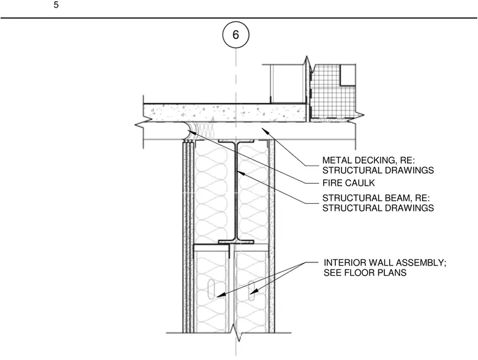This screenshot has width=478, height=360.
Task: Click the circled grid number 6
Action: click(236, 35)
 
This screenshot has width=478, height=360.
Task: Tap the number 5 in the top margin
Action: click(56, 5)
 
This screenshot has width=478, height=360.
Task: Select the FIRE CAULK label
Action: click(348, 183)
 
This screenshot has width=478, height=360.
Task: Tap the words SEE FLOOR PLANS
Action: click(365, 273)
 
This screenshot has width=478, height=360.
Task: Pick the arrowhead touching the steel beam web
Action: click(241, 173)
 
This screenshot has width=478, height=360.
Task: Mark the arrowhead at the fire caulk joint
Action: click(192, 132)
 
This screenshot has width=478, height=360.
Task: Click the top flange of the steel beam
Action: click(236, 142)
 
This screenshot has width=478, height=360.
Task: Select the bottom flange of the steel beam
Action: click(236, 242)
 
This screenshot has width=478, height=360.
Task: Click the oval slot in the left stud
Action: click(211, 288)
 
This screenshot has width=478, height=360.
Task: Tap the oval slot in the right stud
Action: click(252, 290)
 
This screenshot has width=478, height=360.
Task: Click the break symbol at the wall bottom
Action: click(236, 333)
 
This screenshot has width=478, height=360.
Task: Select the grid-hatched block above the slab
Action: click(333, 91)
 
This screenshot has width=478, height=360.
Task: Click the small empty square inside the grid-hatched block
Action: click(348, 75)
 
